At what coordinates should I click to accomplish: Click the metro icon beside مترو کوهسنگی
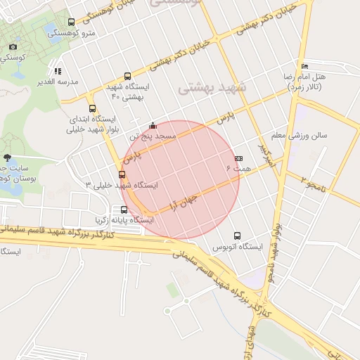[71, 22]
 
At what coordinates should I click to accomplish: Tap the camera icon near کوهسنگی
[13, 47]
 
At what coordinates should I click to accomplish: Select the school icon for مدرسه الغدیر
[58, 71]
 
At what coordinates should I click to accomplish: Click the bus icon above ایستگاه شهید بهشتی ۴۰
[127, 76]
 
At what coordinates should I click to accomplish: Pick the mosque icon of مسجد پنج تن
[153, 126]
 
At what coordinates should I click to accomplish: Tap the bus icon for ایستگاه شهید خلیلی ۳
[122, 174]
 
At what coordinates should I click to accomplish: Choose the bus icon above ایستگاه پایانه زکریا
[124, 210]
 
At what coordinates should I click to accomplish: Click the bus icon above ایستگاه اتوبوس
[236, 236]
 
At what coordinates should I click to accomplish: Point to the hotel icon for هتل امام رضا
[304, 66]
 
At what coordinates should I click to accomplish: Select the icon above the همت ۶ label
[238, 158]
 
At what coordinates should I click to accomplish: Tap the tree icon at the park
[7, 157]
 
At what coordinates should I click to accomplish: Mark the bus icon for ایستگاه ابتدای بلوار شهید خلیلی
[92, 108]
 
